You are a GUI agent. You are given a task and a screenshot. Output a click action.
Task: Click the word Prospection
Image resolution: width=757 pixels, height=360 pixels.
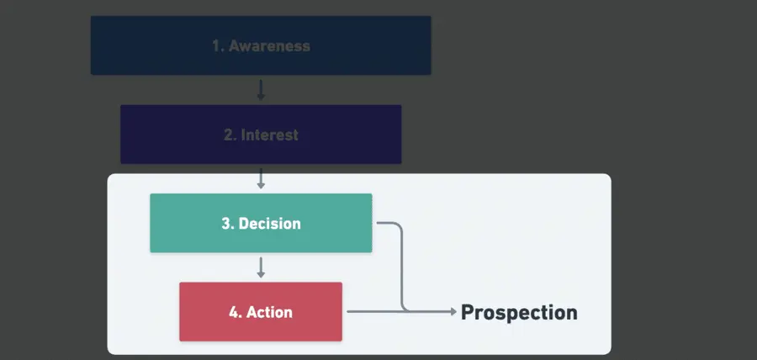click(519, 313)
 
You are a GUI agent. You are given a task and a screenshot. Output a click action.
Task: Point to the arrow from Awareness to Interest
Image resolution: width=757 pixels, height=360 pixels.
click(261, 90)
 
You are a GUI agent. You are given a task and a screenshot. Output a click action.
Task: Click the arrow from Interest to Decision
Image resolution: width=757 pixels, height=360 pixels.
click(261, 178)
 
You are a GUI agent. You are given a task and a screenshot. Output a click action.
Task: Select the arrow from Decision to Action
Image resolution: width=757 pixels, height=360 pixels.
click(261, 267)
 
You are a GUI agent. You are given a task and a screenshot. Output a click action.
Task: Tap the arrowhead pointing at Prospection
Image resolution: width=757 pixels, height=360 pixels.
click(453, 311)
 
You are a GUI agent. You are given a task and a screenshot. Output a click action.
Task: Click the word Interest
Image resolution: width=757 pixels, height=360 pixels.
click(269, 135)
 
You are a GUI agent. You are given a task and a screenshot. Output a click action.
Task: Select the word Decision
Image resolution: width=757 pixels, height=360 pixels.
click(269, 224)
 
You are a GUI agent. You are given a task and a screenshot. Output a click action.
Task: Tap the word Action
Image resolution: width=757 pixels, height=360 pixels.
click(269, 312)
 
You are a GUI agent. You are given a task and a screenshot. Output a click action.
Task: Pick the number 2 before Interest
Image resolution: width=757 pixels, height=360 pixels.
click(229, 135)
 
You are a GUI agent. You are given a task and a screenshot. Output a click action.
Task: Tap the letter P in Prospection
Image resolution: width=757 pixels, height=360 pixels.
click(468, 313)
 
